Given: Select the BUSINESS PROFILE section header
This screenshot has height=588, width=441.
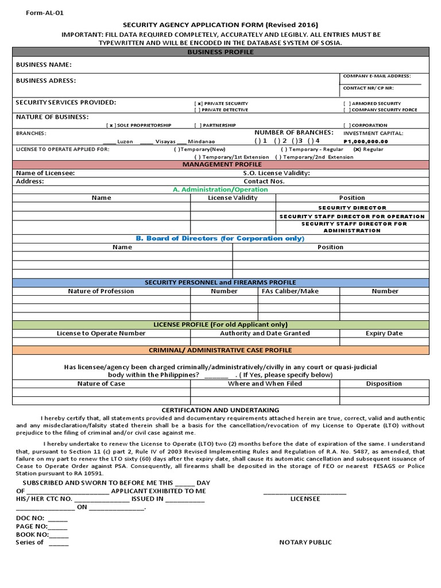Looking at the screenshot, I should [x=220, y=52].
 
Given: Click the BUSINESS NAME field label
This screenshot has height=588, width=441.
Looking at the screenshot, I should [x=44, y=65].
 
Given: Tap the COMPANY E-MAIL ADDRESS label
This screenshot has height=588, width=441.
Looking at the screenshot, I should [x=376, y=76].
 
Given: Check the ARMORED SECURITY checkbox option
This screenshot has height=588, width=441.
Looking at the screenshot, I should [x=346, y=103].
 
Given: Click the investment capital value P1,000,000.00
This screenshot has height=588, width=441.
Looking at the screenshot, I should [x=365, y=141].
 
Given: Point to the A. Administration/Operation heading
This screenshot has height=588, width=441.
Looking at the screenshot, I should [x=220, y=189].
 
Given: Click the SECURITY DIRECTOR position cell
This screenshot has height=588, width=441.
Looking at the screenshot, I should [x=352, y=207].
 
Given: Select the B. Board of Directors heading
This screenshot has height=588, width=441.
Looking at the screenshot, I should [x=220, y=238].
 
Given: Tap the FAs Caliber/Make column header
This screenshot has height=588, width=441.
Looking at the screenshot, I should [x=297, y=291].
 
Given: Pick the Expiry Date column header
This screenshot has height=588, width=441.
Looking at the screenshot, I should [x=384, y=333].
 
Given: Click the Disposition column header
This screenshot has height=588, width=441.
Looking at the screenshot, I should [x=384, y=384].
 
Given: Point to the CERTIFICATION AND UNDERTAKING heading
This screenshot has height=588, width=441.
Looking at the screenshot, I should [x=220, y=410].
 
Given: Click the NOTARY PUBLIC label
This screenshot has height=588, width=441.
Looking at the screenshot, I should [x=305, y=543].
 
